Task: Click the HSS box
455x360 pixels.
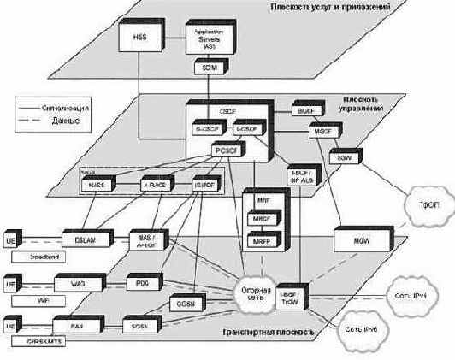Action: point(139,39)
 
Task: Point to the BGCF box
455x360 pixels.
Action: point(305,110)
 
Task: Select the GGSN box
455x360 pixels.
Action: point(186,303)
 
